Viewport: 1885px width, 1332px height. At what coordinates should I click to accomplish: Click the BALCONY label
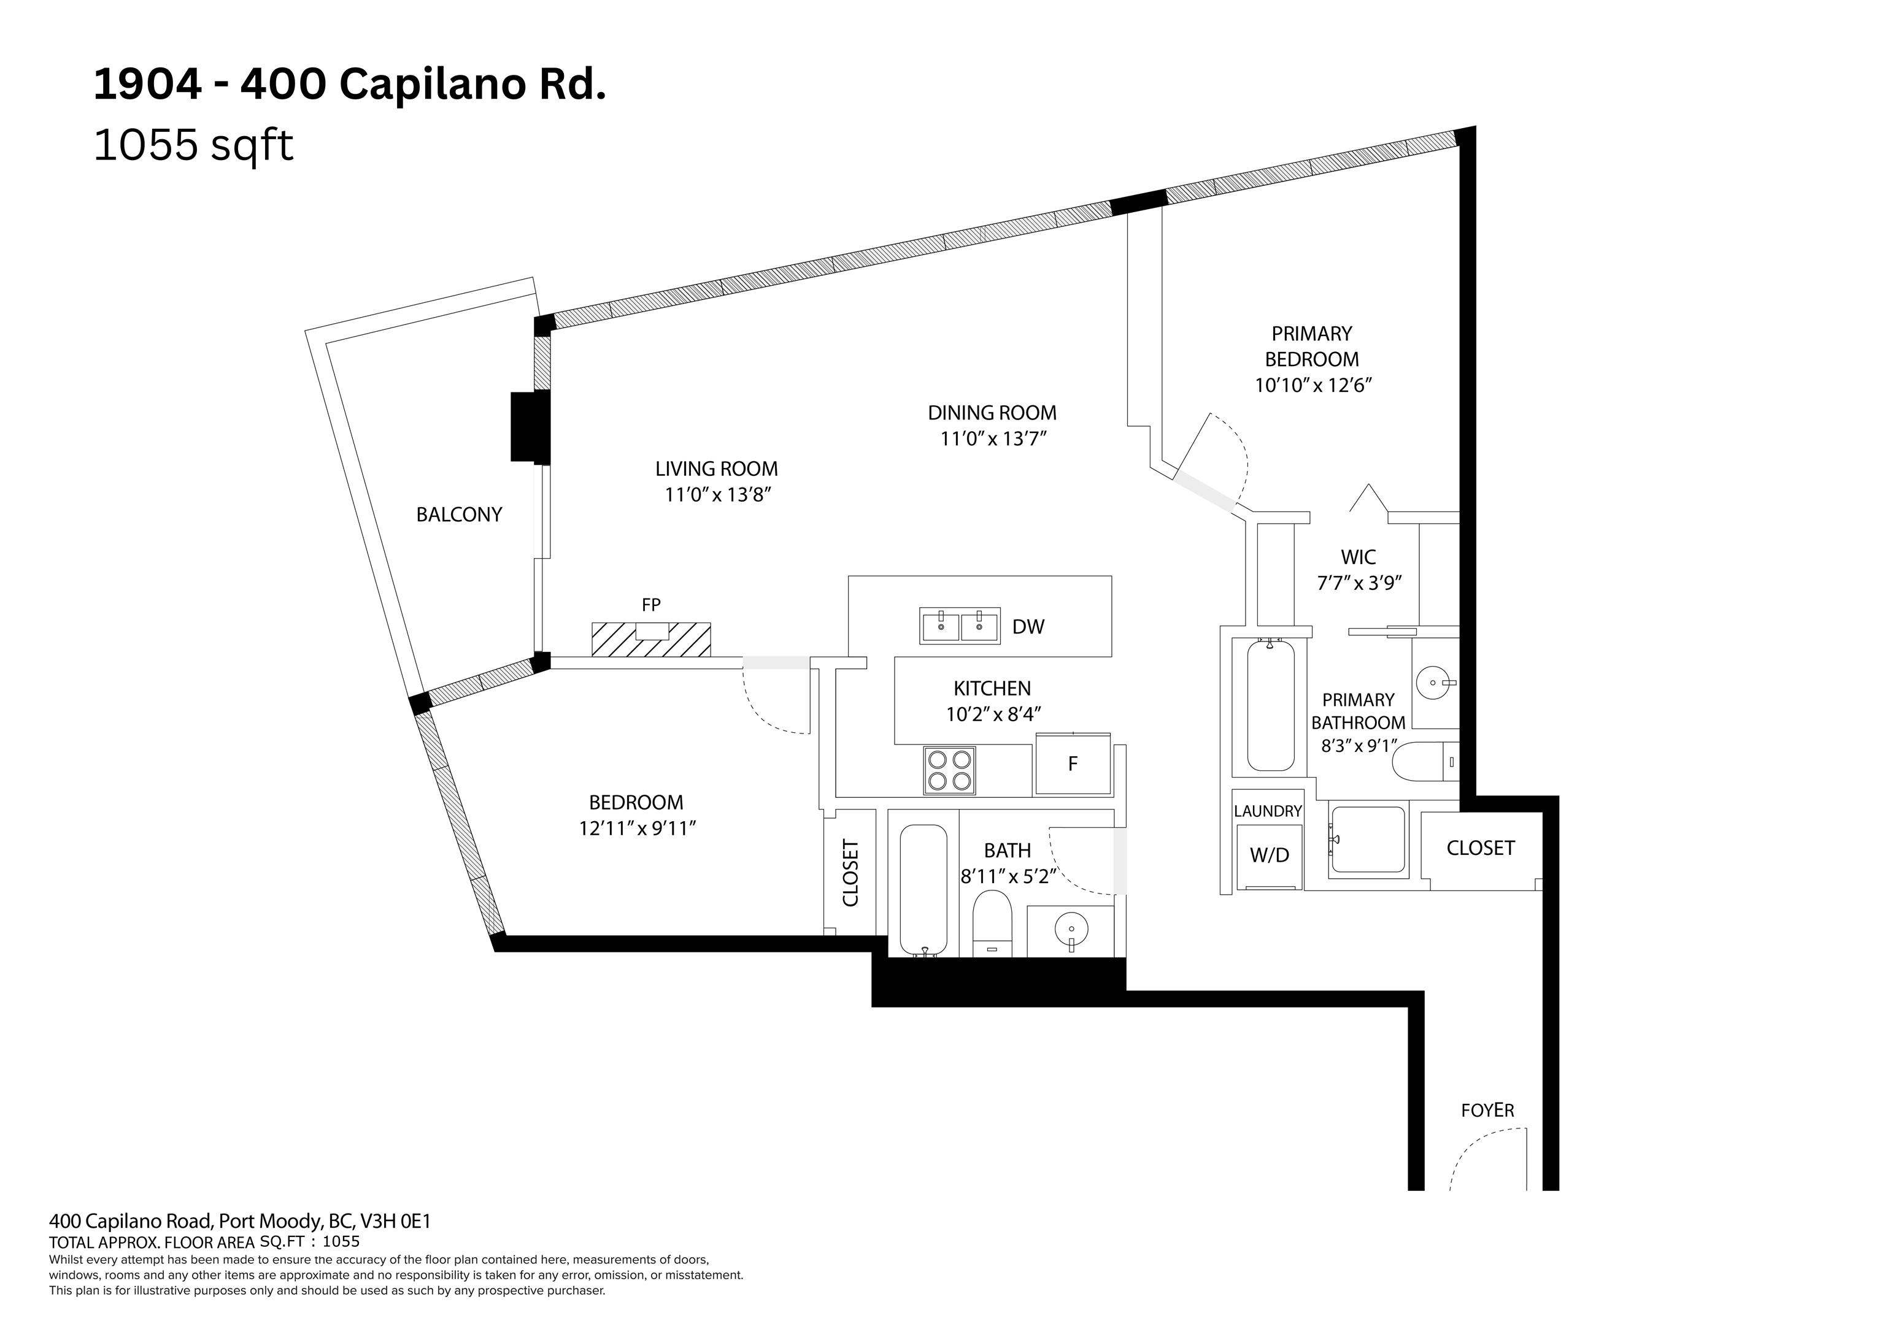[459, 515]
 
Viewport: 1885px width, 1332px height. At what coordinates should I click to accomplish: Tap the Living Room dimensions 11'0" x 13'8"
[717, 495]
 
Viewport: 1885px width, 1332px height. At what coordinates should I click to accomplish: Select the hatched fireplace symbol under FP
[651, 640]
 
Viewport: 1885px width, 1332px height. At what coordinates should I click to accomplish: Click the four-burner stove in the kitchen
[950, 770]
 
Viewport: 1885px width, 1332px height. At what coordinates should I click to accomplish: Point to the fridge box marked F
[1072, 764]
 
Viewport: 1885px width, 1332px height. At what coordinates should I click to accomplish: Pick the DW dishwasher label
[1028, 627]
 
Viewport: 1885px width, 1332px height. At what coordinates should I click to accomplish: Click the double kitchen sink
[960, 626]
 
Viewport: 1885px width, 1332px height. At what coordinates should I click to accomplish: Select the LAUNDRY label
[1268, 811]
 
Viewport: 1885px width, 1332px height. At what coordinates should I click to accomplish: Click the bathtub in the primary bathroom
[1271, 706]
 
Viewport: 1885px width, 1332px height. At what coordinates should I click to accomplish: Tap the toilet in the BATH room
[993, 922]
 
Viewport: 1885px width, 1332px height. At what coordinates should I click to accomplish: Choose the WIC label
[1358, 557]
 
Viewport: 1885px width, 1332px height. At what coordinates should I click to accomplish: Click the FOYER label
[1487, 1111]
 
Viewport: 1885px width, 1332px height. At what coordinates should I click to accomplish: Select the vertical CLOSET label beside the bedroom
[850, 873]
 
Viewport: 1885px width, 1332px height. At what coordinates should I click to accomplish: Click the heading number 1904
[148, 85]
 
